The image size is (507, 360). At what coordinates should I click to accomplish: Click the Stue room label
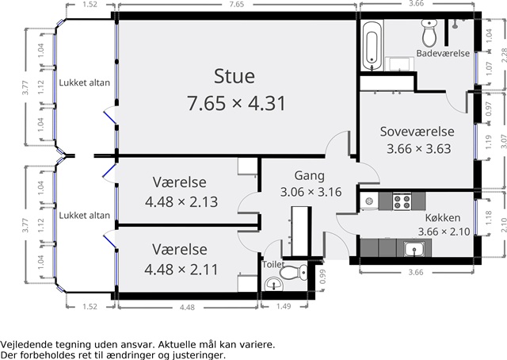tap(234, 76)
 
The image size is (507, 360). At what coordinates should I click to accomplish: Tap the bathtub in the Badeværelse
tap(372, 46)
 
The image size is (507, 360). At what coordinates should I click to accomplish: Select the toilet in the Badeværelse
tap(429, 33)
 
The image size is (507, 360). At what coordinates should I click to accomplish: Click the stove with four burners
tap(402, 201)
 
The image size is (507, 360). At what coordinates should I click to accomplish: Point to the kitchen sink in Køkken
tap(414, 249)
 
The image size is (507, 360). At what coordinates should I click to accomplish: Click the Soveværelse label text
tap(417, 132)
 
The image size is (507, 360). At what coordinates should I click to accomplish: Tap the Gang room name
tap(309, 176)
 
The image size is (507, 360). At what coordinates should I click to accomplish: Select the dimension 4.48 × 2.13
tap(181, 202)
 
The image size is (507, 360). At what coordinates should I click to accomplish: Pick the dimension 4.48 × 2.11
tap(181, 270)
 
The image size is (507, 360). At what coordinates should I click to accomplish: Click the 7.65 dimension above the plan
tap(236, 4)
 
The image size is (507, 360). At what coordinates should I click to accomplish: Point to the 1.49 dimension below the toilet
tap(284, 306)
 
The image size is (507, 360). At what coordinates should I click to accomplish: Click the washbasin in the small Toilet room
tap(274, 285)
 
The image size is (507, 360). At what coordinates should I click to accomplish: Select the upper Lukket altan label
tap(85, 83)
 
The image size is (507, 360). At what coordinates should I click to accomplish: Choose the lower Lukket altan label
tap(85, 216)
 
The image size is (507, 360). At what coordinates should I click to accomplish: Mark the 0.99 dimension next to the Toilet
tap(322, 277)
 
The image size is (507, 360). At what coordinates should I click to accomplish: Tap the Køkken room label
tap(443, 218)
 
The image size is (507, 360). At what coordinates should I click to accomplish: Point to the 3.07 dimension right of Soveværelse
tap(504, 141)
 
